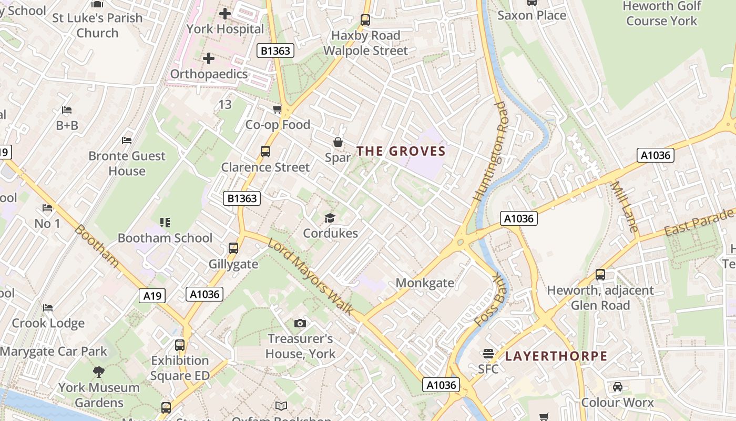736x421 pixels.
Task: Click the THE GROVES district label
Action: [x=401, y=152]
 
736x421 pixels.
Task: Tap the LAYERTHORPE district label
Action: [x=556, y=356]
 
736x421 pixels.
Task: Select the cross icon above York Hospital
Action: [x=225, y=13]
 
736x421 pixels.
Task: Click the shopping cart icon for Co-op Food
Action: [x=277, y=109]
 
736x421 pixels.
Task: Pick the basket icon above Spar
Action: [x=338, y=142]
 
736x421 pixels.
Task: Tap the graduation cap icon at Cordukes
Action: [x=330, y=218]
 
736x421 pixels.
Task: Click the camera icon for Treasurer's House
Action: [x=300, y=323]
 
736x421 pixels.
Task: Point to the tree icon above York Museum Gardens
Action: [x=98, y=372]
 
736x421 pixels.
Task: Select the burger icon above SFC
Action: [x=488, y=353]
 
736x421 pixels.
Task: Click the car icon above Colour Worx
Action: [x=618, y=387]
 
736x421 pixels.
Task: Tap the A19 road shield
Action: [x=152, y=296]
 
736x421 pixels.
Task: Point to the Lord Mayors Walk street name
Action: [x=310, y=277]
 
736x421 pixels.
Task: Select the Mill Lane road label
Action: [x=625, y=207]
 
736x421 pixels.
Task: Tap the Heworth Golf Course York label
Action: [x=661, y=14]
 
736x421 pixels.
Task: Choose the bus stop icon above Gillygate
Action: [x=233, y=248]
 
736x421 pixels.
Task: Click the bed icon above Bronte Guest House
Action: [x=127, y=141]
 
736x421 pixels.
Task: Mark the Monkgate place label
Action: [x=425, y=283]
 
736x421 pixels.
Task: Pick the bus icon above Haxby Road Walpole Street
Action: [x=365, y=20]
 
